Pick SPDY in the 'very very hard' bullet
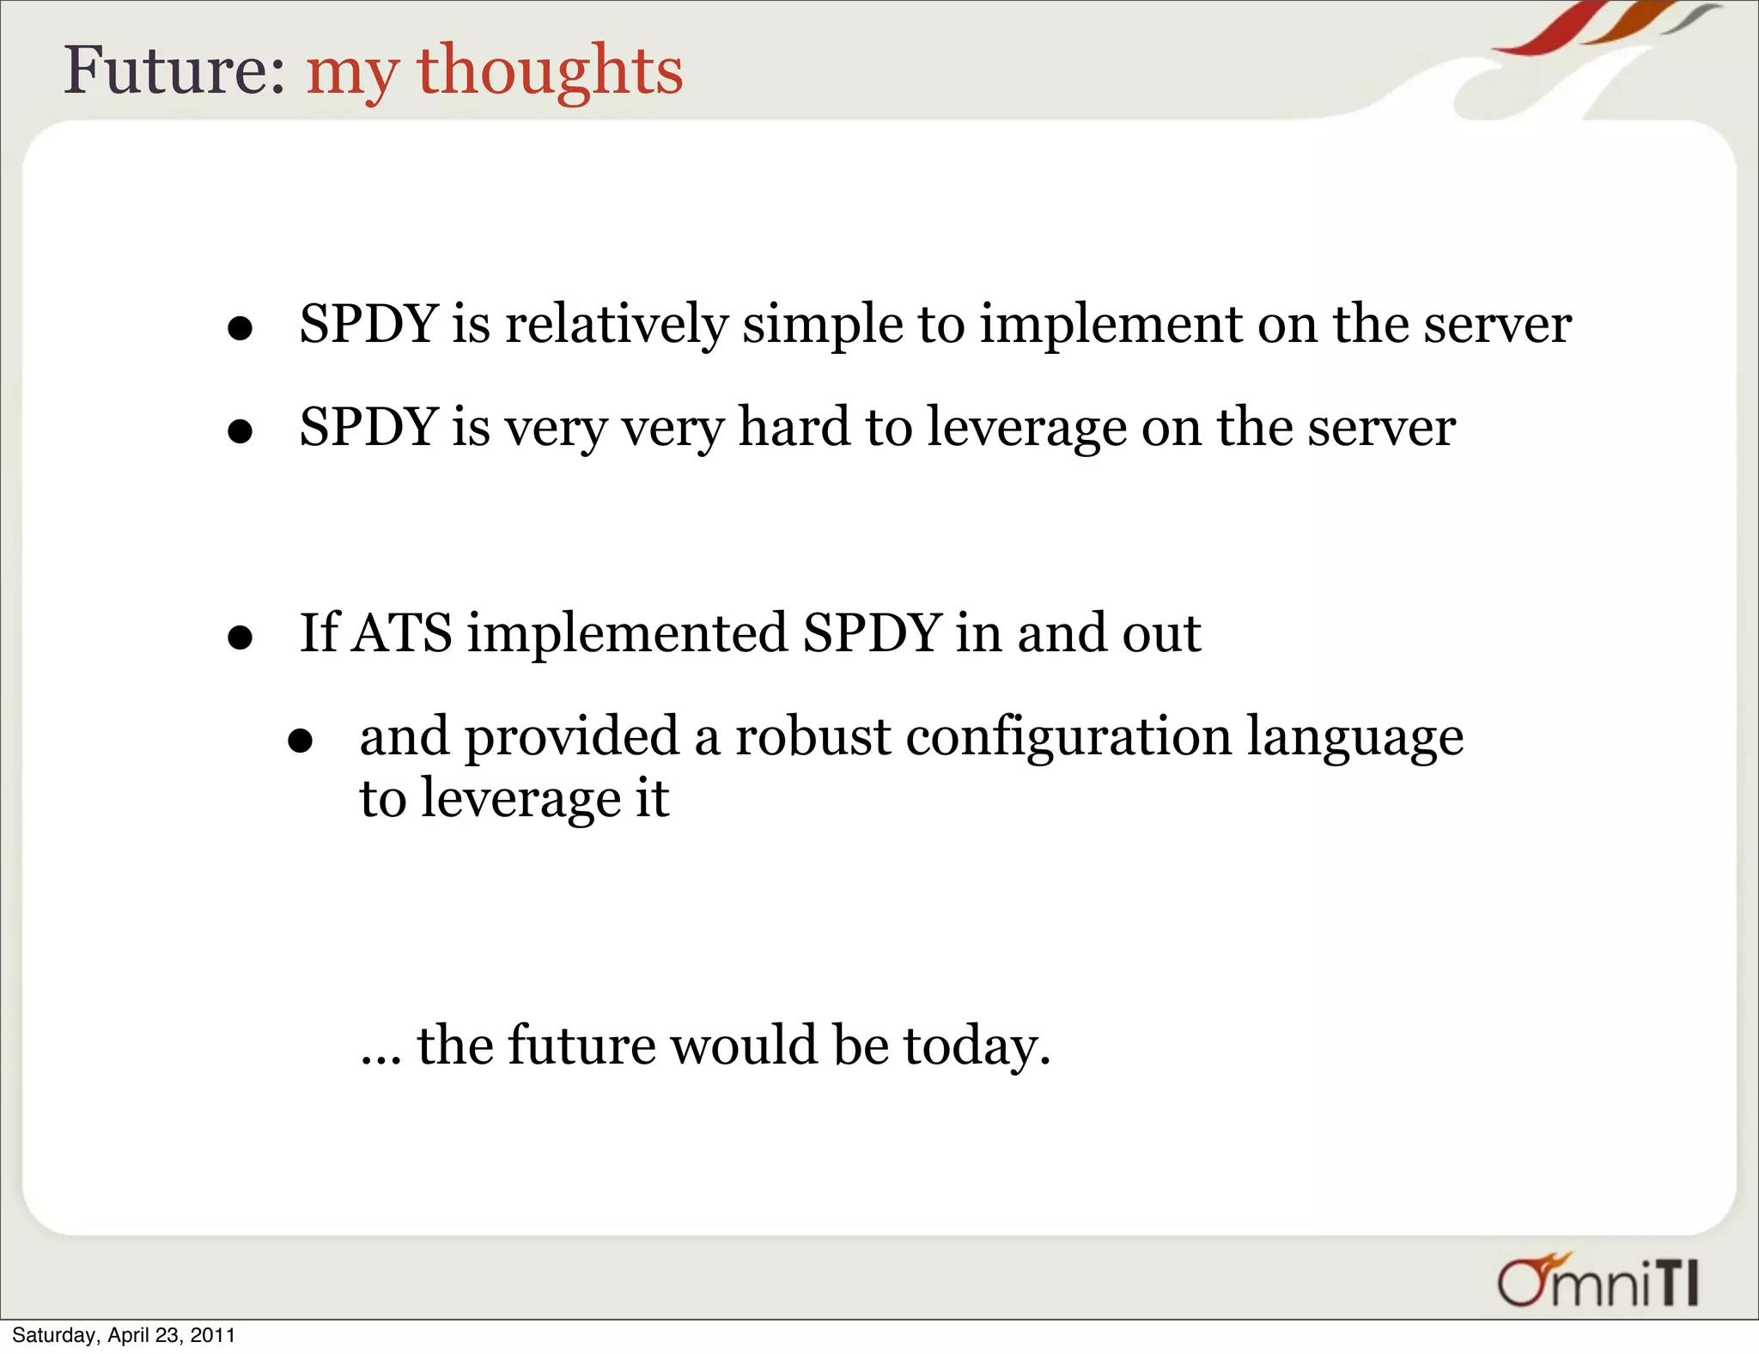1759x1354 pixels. pos(369,427)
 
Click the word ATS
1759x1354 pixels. pos(401,633)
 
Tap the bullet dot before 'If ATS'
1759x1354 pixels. pos(240,637)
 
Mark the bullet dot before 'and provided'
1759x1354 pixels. pos(300,740)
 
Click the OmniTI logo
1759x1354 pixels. pos(1598,1282)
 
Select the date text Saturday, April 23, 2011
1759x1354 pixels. pos(124,1335)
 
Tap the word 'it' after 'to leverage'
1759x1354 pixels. pos(652,798)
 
